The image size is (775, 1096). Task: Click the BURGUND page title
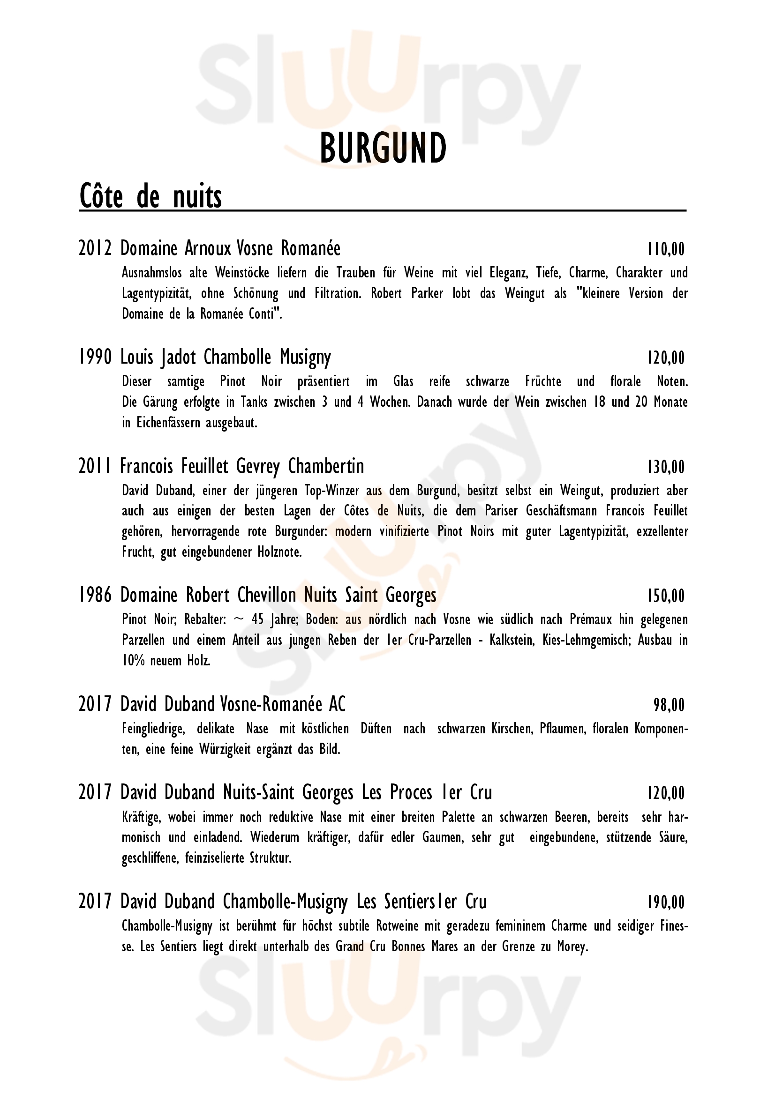(383, 148)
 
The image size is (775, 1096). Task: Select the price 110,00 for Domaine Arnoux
(666, 249)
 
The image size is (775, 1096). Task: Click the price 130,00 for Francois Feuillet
(666, 467)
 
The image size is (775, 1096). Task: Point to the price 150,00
(666, 596)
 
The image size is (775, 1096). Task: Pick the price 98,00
(669, 705)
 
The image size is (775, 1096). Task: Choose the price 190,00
(666, 902)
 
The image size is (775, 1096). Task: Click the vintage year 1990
(95, 358)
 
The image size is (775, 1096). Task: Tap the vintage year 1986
(95, 596)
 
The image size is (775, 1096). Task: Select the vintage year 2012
(95, 249)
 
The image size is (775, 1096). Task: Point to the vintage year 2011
(95, 466)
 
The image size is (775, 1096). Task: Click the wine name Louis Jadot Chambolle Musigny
(226, 358)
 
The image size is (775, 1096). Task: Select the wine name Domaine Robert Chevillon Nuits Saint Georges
(278, 596)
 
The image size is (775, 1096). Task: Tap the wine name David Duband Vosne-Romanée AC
(233, 705)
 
